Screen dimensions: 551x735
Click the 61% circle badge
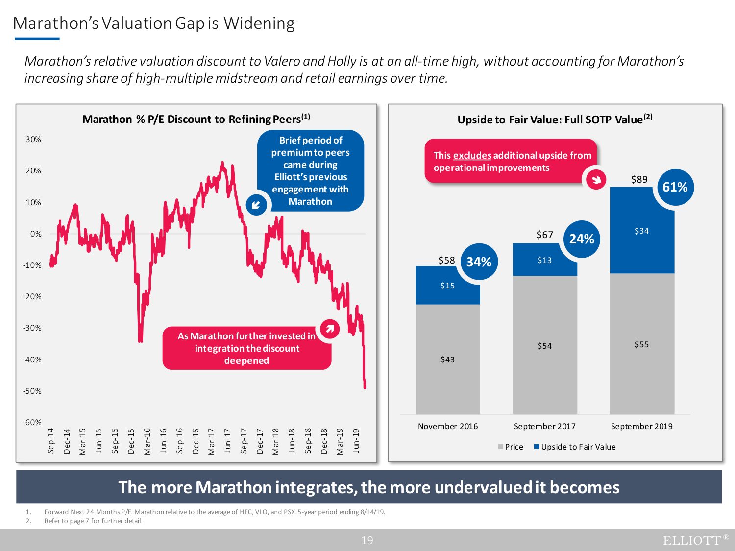pos(675,187)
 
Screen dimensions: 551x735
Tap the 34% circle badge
pos(479,262)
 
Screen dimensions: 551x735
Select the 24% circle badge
pos(582,239)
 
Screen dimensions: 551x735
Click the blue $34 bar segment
pos(642,230)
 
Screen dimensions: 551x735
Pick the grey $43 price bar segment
pos(447,359)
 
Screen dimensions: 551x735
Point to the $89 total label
pos(639,179)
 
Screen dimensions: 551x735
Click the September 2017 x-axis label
pos(544,426)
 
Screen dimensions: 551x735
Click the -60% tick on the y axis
pos(32,422)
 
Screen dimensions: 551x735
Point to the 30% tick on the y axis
pos(33,139)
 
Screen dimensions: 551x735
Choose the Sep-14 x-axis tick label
pos(51,440)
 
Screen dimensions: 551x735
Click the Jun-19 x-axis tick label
pos(356,440)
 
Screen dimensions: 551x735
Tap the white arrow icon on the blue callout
pos(256,205)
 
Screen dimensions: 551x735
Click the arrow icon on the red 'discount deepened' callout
pos(330,329)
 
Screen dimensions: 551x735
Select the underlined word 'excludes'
pos(472,155)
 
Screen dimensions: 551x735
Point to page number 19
pos(367,540)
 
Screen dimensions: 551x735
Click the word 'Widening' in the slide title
pos(259,24)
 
